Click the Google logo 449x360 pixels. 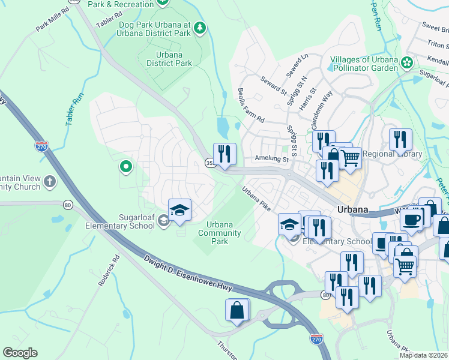pyautogui.click(x=20, y=353)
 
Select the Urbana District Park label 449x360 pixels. pyautogui.click(x=169, y=59)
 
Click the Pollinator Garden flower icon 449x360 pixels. pyautogui.click(x=408, y=62)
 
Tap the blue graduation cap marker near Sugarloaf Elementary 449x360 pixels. pyautogui.click(x=179, y=210)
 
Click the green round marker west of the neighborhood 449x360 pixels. pyautogui.click(x=126, y=166)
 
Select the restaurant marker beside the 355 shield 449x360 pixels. pyautogui.click(x=224, y=154)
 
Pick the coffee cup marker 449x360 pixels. pyautogui.click(x=411, y=220)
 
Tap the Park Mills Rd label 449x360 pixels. pyautogui.click(x=52, y=19)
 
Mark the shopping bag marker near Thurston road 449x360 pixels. pyautogui.click(x=237, y=311)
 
